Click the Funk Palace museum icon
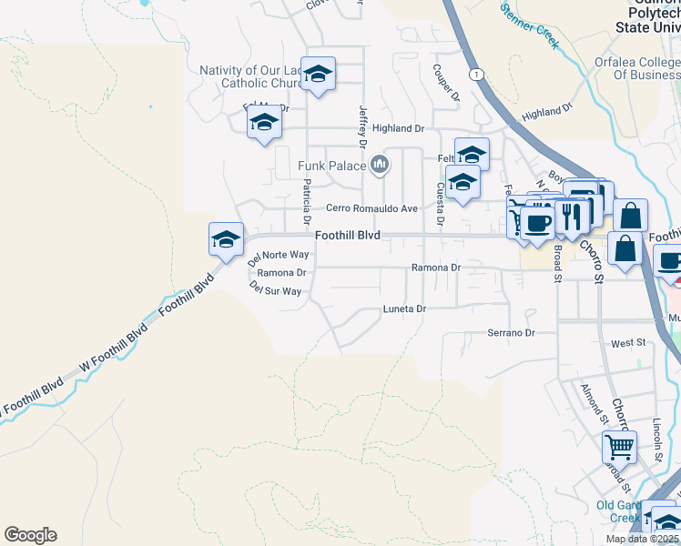381,165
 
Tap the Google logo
30,535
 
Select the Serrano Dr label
511,333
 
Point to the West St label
628,343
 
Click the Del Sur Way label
275,290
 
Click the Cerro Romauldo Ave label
371,208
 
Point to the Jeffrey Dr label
362,126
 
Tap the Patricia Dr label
307,202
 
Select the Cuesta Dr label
440,204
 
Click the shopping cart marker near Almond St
619,447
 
